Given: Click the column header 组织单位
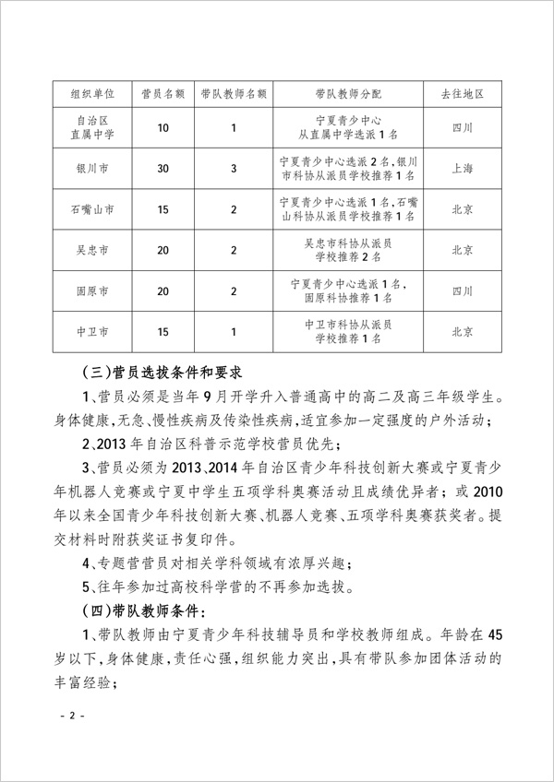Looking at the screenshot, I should pos(92,95).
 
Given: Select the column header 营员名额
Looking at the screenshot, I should pos(163,95).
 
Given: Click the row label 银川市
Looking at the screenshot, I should pos(92,169).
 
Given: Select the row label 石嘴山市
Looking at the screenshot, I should pos(92,209).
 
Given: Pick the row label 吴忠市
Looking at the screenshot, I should pos(92,251).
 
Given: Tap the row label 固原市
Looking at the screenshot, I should pos(92,291).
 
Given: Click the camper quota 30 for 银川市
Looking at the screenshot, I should pos(163,169).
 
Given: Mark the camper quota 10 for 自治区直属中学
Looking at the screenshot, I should pos(163,128).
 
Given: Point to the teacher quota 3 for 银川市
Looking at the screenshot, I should pos(235,169).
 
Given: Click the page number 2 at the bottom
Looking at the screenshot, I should pos(71,716).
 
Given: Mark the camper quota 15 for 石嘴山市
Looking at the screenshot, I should pos(163,209).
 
